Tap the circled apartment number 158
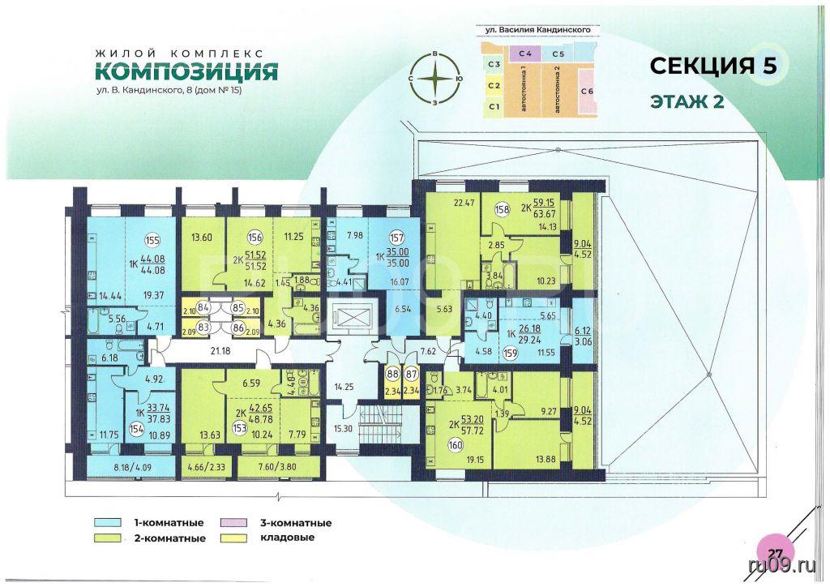pyautogui.click(x=502, y=209)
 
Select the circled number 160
pyautogui.click(x=456, y=444)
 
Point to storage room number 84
pyautogui.click(x=203, y=307)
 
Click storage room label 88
pyautogui.click(x=391, y=374)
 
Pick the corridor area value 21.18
pyautogui.click(x=220, y=350)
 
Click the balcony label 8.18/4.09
pyautogui.click(x=130, y=467)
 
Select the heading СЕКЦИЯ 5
pyautogui.click(x=713, y=66)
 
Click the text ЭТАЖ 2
pyautogui.click(x=687, y=101)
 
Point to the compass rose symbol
pyautogui.click(x=434, y=79)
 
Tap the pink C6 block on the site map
pyautogui.click(x=587, y=92)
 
